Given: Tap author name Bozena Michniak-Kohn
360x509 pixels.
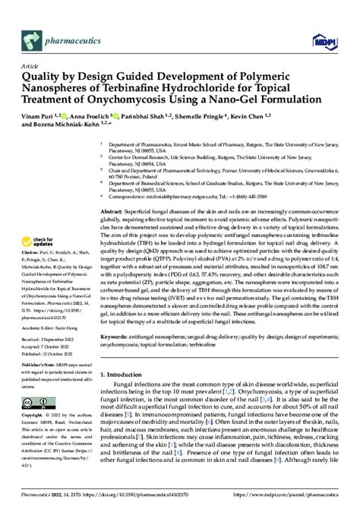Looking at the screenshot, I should pos(72,125).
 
